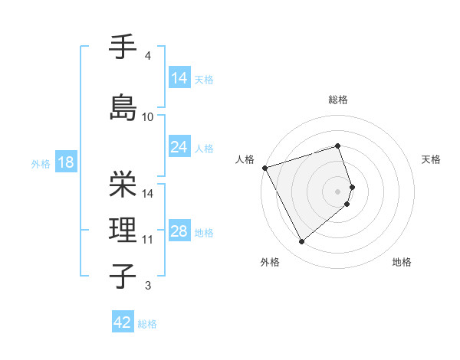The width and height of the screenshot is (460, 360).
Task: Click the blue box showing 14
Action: [179, 78]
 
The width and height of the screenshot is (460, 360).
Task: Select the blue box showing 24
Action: [179, 147]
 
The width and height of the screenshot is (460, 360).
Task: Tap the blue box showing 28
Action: [179, 231]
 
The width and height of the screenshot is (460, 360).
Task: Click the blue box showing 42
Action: [123, 322]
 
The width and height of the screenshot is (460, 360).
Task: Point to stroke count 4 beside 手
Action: [148, 56]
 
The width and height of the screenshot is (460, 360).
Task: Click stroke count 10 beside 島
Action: [148, 117]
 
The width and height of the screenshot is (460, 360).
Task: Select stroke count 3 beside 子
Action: [148, 286]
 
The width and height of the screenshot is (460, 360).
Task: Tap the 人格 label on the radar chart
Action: [245, 159]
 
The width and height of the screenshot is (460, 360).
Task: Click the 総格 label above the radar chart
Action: [338, 100]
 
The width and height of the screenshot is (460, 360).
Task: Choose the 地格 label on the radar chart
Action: [402, 262]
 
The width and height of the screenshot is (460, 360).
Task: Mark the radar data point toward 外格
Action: [302, 242]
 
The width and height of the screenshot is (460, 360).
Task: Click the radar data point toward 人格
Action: [264, 168]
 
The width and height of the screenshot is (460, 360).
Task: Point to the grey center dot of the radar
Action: [338, 190]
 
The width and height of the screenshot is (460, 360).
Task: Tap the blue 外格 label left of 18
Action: [40, 163]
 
